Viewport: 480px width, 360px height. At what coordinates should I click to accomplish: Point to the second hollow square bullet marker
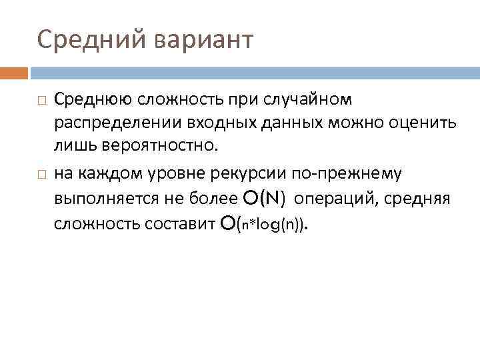(41, 175)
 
